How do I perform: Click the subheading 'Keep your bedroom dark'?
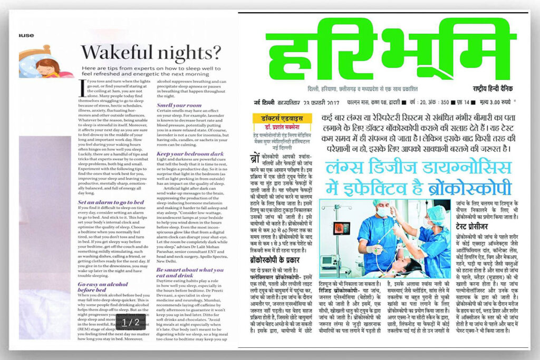190,154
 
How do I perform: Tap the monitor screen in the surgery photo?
341,228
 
